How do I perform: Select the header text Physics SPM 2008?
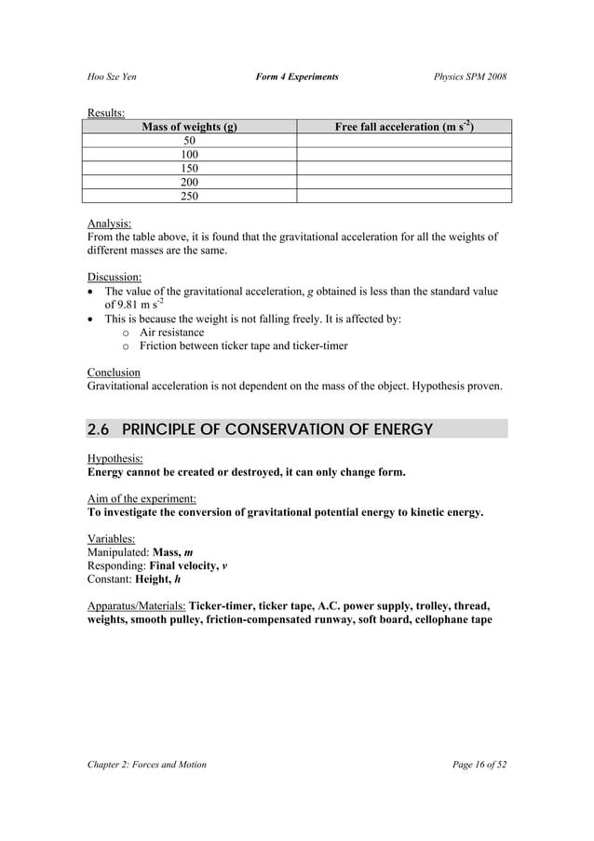[x=470, y=76]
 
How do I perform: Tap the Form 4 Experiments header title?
[x=297, y=76]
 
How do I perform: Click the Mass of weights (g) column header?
[x=189, y=127]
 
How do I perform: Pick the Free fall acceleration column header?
[x=403, y=127]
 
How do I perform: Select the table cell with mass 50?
[x=189, y=141]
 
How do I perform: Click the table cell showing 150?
[x=189, y=169]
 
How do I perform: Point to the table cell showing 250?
[x=189, y=197]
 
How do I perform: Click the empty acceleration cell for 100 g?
[x=403, y=155]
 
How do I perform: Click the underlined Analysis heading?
[x=109, y=224]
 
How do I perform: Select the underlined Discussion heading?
[x=115, y=278]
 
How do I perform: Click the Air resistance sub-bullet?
[x=171, y=332]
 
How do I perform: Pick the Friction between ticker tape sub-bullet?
[x=243, y=346]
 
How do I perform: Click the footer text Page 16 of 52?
[x=479, y=765]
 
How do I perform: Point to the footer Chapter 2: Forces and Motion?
[x=147, y=765]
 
